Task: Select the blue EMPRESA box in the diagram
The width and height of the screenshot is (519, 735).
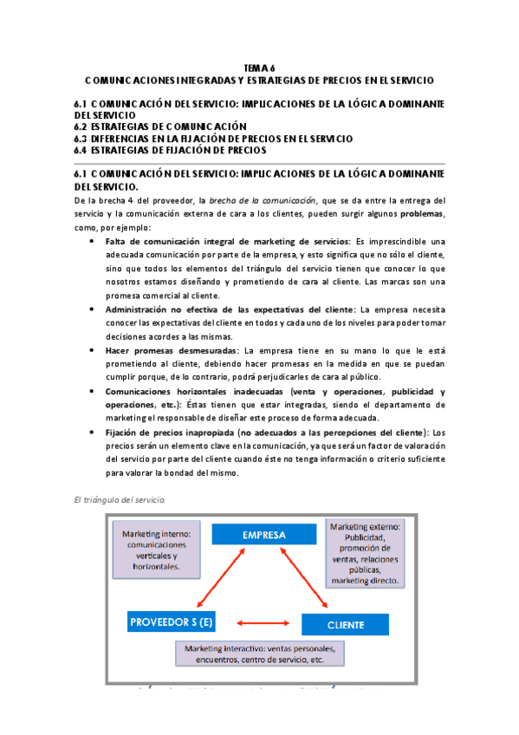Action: [264, 535]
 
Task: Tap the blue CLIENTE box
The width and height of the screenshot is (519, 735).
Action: [345, 623]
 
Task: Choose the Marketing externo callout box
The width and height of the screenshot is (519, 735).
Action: [364, 553]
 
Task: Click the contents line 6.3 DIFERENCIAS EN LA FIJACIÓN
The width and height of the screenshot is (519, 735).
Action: [214, 138]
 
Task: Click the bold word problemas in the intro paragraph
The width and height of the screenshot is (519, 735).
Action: [425, 214]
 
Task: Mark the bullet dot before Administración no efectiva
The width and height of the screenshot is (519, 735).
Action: [93, 309]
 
